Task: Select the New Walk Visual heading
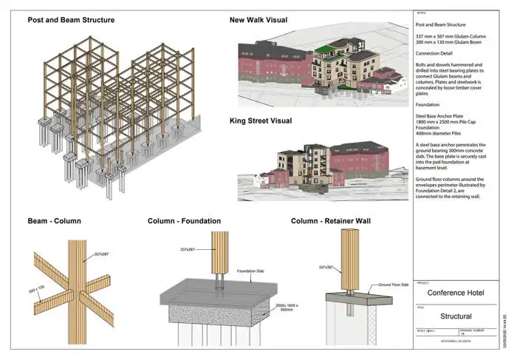pyautogui.click(x=258, y=20)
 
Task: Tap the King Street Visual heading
pyautogui.click(x=261, y=120)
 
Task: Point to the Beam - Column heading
pyautogui.click(x=54, y=220)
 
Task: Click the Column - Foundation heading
pyautogui.click(x=183, y=220)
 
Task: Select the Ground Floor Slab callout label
pyautogui.click(x=396, y=284)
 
